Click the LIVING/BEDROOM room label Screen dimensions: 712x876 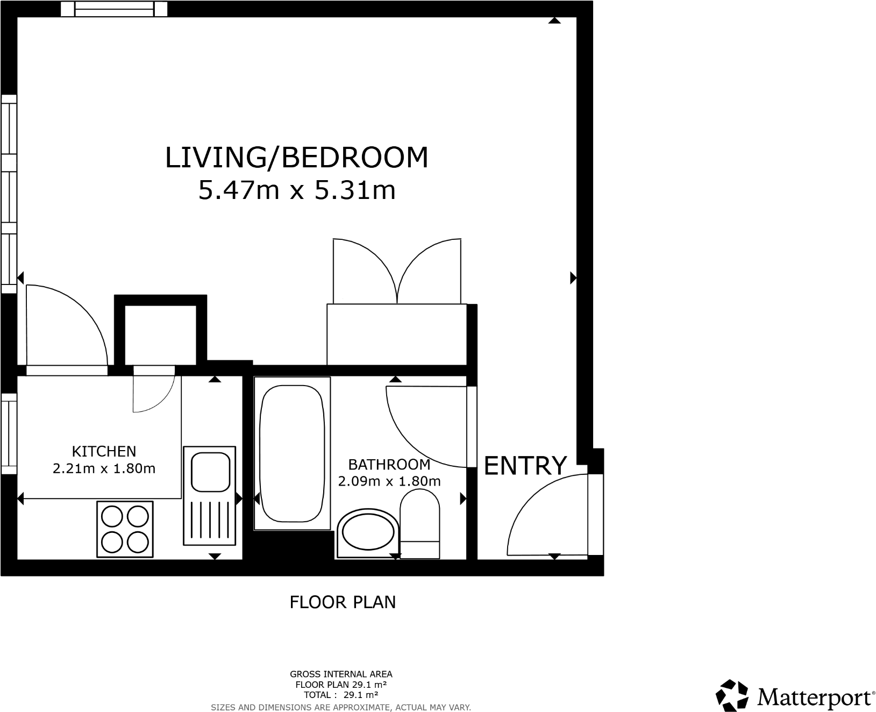[x=296, y=158]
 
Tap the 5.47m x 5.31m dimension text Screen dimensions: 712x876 [x=297, y=190]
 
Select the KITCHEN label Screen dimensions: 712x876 [x=104, y=451]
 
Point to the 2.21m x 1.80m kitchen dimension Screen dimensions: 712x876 [x=104, y=468]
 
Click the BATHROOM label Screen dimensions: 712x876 [x=389, y=464]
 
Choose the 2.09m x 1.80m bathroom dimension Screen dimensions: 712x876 [x=389, y=481]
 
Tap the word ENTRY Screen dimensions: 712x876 [x=525, y=465]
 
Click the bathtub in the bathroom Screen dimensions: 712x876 [x=292, y=453]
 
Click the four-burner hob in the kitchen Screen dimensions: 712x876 [x=125, y=529]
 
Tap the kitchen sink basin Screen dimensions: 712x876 [x=210, y=472]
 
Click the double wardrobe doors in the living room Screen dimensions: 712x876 [x=397, y=272]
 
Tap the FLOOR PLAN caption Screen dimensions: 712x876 [x=343, y=602]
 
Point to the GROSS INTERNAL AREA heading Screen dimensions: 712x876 [x=341, y=674]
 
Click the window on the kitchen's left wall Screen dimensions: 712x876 [x=9, y=433]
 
